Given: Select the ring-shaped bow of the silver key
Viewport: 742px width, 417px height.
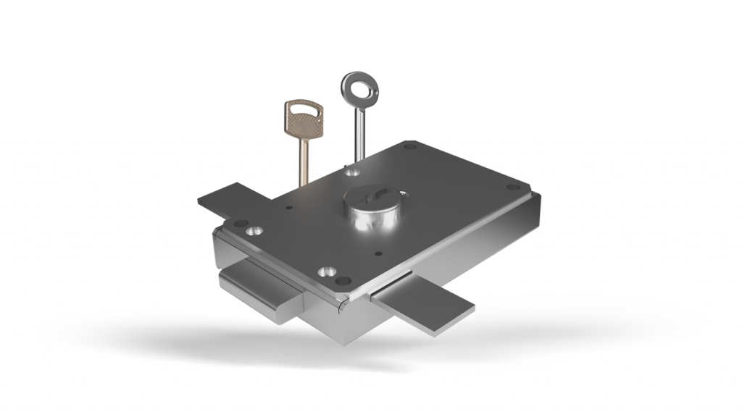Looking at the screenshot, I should [357, 87].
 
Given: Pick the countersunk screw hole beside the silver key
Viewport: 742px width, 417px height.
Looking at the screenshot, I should [352, 172].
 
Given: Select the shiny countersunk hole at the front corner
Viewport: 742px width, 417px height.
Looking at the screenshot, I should [326, 273].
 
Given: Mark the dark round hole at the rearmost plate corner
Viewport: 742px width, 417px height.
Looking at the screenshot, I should [410, 147].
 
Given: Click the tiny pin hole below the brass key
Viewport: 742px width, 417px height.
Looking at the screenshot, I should [289, 208].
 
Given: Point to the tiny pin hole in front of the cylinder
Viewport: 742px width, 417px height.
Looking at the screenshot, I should [378, 253].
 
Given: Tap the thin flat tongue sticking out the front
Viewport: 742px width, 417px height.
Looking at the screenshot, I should [424, 304].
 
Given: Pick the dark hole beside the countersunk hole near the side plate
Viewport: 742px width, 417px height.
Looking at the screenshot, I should [241, 223].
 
